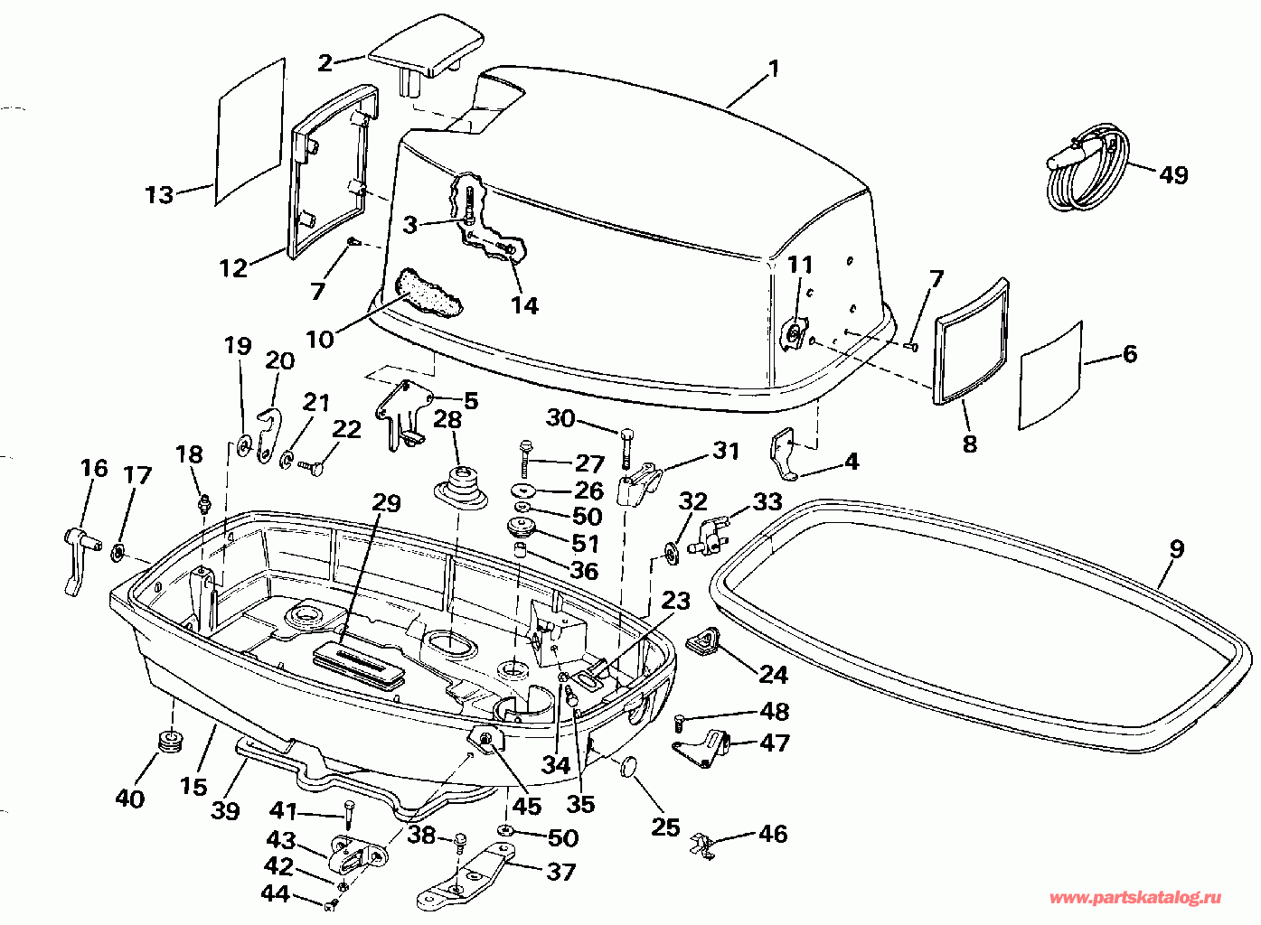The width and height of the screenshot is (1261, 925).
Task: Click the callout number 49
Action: click(1172, 175)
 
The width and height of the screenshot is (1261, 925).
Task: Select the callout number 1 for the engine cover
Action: click(774, 69)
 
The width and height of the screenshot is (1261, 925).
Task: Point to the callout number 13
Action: click(160, 195)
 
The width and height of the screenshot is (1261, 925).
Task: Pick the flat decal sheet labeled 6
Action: click(1050, 376)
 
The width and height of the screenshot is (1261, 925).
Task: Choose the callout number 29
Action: click(386, 503)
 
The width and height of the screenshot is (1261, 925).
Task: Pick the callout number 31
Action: click(726, 451)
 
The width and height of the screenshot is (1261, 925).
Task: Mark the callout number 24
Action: click(774, 674)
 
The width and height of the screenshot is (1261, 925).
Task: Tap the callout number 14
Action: click(524, 305)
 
